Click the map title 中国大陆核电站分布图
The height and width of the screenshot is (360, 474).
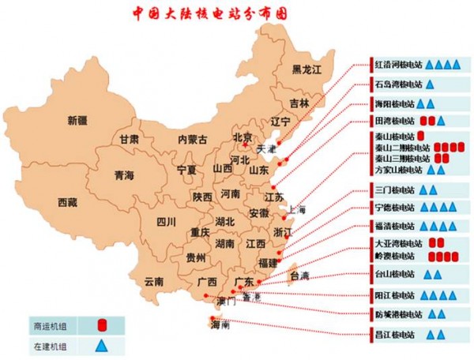pos(210,13)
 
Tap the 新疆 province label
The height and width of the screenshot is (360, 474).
pos(82,121)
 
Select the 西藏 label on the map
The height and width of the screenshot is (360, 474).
pos(68,203)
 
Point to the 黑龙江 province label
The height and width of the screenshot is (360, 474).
pos(307,69)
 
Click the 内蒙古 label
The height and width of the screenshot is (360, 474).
pos(194,139)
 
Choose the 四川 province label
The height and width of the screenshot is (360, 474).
pos(165,222)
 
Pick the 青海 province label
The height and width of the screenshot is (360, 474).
pos(124,174)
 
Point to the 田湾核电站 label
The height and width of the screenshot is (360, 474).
pos(395,121)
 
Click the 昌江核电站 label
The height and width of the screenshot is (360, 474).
pos(395,334)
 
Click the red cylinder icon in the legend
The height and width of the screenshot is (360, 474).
pos(101,324)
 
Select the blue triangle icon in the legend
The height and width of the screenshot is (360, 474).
pos(101,344)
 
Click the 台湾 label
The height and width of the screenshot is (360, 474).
pos(299,276)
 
